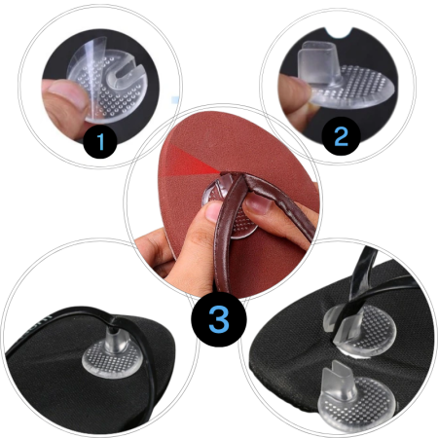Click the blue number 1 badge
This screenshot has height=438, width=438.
coord(100,141)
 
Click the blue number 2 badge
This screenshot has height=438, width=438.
coord(341,136)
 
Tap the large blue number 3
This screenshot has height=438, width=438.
coord(219,319)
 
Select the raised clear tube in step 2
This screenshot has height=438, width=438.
coord(319,61)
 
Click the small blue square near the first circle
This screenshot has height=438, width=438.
coord(175,100)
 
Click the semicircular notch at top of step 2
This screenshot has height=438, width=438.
coord(339,33)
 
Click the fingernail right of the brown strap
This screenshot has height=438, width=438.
coord(258,205)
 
